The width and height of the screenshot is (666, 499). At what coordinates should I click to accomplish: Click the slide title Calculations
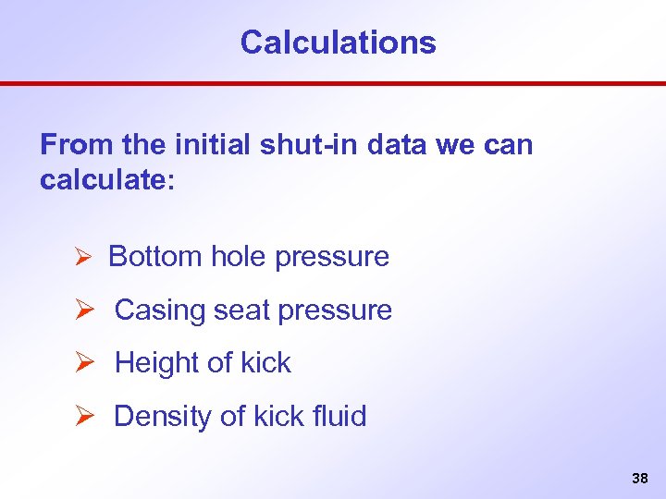click(338, 43)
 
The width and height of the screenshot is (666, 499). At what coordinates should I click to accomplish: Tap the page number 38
click(639, 478)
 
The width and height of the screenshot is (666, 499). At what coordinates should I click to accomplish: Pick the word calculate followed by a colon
click(102, 179)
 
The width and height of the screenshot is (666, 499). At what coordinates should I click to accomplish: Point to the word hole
click(239, 257)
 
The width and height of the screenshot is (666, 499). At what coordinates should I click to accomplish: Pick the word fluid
click(340, 417)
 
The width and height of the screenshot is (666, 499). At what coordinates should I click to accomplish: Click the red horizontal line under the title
click(333, 83)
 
